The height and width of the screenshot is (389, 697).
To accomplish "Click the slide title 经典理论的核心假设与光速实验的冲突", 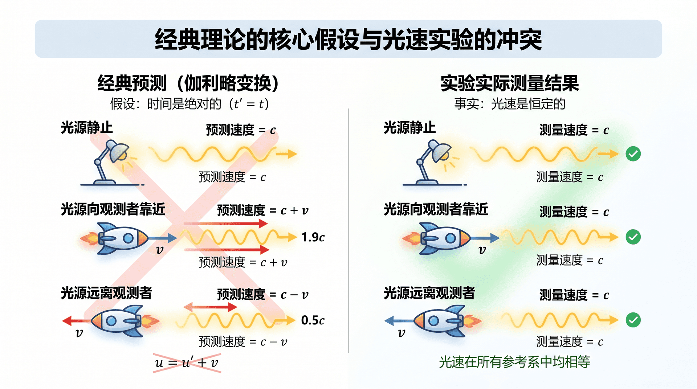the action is pos(348,39).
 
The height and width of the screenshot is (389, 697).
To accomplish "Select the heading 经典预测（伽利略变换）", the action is pos(188,83).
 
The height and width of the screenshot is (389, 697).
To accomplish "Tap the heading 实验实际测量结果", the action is pos(510,83).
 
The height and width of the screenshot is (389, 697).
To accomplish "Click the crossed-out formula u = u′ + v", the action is pos(187,363).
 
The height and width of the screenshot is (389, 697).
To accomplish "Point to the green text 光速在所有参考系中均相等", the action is pos(514,362).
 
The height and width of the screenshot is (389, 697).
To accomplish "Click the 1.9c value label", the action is pos(313,237).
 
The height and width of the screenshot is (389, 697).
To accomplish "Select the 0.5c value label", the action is pos(313,320).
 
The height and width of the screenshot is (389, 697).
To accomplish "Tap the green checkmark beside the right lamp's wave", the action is pos(633,154).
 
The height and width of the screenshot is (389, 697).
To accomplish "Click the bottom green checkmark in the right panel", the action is pos(633,320).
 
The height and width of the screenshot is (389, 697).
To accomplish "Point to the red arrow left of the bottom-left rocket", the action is pos(76,321).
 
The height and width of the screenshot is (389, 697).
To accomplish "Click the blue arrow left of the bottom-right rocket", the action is pos(399,321).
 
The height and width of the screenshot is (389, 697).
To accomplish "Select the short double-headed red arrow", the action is pos(210,307).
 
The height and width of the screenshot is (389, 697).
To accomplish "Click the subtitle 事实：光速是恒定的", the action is pos(510,104).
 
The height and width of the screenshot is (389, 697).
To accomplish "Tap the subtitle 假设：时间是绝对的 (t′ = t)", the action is pos(190,104).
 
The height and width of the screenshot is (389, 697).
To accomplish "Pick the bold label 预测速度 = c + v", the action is pos(263,210).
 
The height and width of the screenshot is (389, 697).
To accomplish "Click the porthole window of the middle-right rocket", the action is pos(451,238).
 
